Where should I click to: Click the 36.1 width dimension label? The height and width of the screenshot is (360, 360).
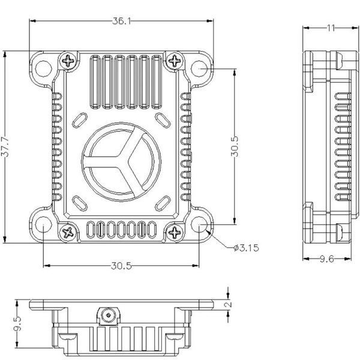(x=121, y=21)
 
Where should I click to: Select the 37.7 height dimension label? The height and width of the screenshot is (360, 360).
(x=5, y=147)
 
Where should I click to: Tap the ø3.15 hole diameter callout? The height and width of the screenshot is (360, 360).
(x=246, y=248)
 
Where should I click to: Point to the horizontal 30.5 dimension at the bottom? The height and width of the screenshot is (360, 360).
(x=121, y=266)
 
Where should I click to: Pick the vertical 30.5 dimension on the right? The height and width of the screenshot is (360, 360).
(x=235, y=146)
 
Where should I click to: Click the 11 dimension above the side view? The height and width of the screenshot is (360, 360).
(x=331, y=28)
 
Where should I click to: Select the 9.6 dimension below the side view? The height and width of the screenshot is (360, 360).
(x=327, y=259)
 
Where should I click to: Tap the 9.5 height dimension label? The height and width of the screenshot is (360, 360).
(x=17, y=324)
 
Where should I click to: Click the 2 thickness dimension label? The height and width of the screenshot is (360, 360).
(x=229, y=304)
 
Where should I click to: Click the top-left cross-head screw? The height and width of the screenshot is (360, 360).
(x=68, y=61)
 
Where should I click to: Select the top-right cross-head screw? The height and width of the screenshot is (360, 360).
(x=175, y=61)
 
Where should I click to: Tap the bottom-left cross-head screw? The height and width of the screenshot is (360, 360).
(x=68, y=233)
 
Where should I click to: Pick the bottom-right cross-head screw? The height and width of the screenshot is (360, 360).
(x=175, y=233)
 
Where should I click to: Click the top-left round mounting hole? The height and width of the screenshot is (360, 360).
(x=44, y=68)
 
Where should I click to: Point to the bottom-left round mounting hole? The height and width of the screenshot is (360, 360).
(x=44, y=224)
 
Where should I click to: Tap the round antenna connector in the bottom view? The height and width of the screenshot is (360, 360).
(x=109, y=314)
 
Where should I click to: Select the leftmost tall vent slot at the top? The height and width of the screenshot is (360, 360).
(x=95, y=82)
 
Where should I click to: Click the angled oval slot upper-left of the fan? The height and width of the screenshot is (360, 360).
(x=80, y=120)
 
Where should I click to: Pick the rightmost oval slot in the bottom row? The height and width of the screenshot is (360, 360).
(x=152, y=230)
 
